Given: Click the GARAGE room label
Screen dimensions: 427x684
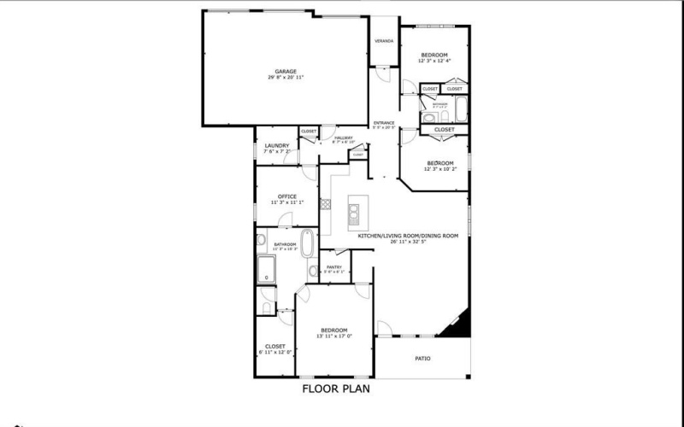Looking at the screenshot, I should [285, 71].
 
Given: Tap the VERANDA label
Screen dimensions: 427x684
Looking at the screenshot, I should [384, 41].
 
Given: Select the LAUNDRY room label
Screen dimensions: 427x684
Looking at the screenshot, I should [276, 145].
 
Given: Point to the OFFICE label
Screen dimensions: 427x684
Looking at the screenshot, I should [286, 196].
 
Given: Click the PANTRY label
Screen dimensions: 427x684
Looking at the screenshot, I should [334, 267].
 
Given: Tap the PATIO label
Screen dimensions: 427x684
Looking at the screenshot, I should [422, 358].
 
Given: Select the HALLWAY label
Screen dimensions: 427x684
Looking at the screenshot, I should [344, 137].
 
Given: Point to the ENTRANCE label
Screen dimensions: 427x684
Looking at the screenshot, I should [384, 123].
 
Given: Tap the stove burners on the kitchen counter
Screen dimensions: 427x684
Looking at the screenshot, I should [325, 204].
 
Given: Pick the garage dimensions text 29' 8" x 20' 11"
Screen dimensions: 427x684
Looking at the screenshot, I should [285, 78].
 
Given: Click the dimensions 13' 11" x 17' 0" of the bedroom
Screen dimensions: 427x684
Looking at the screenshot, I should [333, 336].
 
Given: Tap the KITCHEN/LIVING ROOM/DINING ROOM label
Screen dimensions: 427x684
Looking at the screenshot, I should [408, 235].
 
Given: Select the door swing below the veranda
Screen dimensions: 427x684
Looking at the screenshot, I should [383, 75].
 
